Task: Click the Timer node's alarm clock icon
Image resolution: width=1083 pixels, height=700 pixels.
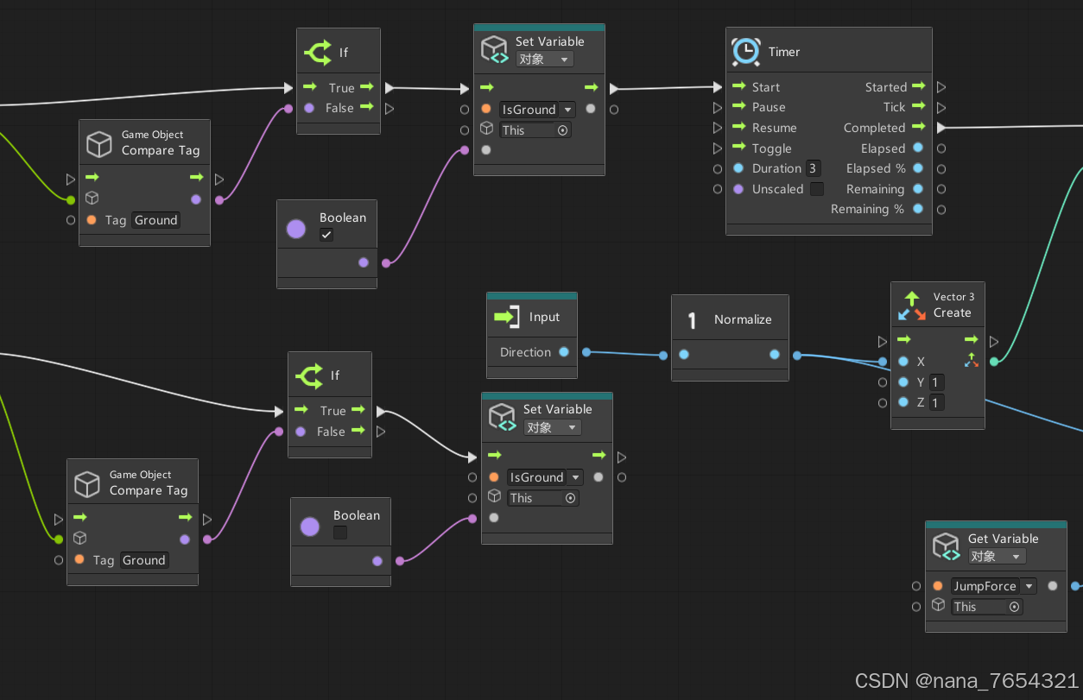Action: coord(746,52)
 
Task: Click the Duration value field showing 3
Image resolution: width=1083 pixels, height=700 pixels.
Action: coord(813,168)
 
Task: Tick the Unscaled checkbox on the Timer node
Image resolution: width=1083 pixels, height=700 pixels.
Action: coord(816,189)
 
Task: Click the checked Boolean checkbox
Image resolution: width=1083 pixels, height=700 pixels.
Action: coord(326,235)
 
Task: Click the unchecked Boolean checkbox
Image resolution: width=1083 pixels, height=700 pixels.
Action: coord(340,533)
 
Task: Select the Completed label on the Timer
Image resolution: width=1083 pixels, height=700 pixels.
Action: coord(874,128)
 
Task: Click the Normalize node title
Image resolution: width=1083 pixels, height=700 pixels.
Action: coord(743,319)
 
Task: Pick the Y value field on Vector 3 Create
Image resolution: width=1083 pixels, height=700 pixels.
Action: coord(936,382)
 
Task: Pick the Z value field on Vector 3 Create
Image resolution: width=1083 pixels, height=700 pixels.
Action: coord(936,402)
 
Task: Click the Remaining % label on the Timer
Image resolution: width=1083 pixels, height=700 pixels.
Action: coord(867,209)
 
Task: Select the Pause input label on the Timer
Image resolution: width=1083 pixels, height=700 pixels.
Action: coord(769,107)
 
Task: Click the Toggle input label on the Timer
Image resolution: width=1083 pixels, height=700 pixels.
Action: coord(771,148)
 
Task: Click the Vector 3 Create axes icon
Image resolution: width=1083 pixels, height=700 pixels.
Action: coord(912,305)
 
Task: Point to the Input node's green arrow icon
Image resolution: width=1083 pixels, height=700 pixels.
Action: coord(506,317)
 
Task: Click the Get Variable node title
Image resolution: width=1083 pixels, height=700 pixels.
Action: coord(1003,539)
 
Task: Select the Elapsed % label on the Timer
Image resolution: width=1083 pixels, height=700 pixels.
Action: coord(876,168)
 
